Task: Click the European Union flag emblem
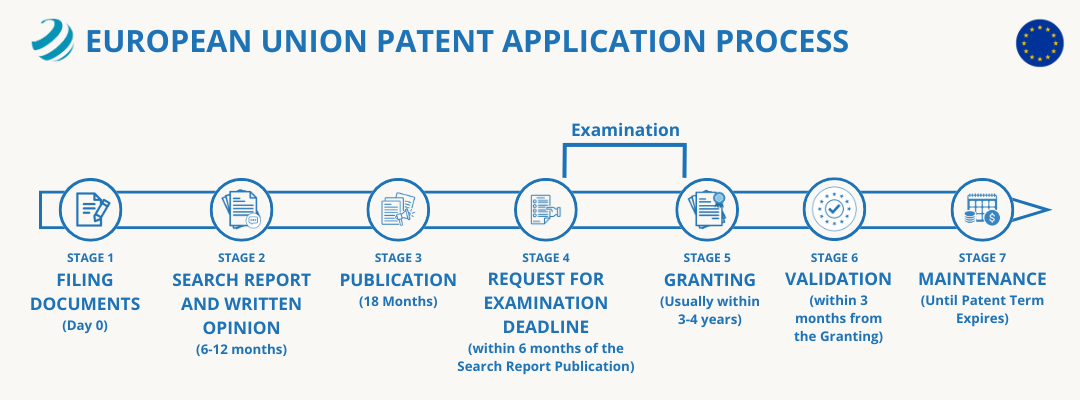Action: click(1040, 43)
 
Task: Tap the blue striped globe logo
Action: click(52, 41)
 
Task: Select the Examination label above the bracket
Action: click(625, 130)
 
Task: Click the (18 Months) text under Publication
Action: click(398, 301)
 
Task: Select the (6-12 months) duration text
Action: click(241, 349)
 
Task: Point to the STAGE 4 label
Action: click(546, 258)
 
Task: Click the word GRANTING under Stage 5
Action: click(710, 280)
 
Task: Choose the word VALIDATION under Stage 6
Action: click(838, 279)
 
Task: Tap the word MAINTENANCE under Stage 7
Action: click(982, 279)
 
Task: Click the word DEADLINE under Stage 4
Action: click(546, 327)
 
